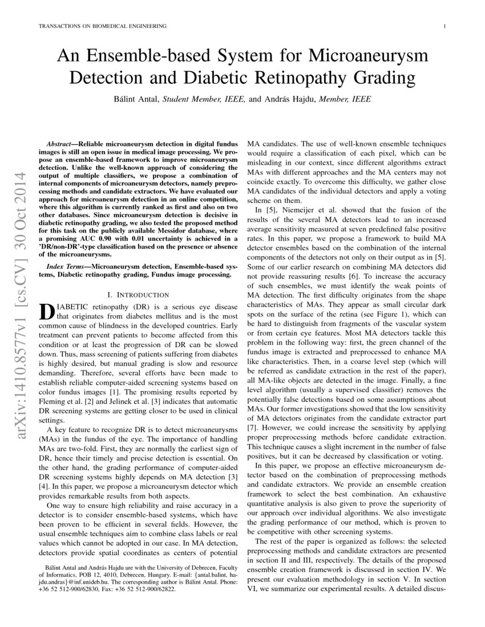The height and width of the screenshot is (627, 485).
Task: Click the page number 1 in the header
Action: coord(444,26)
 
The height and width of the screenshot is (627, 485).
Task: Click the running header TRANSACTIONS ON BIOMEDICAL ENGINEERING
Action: coord(102,26)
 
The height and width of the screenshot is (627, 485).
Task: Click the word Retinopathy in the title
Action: coord(319,77)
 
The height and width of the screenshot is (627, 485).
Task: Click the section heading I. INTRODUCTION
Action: coord(138,295)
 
